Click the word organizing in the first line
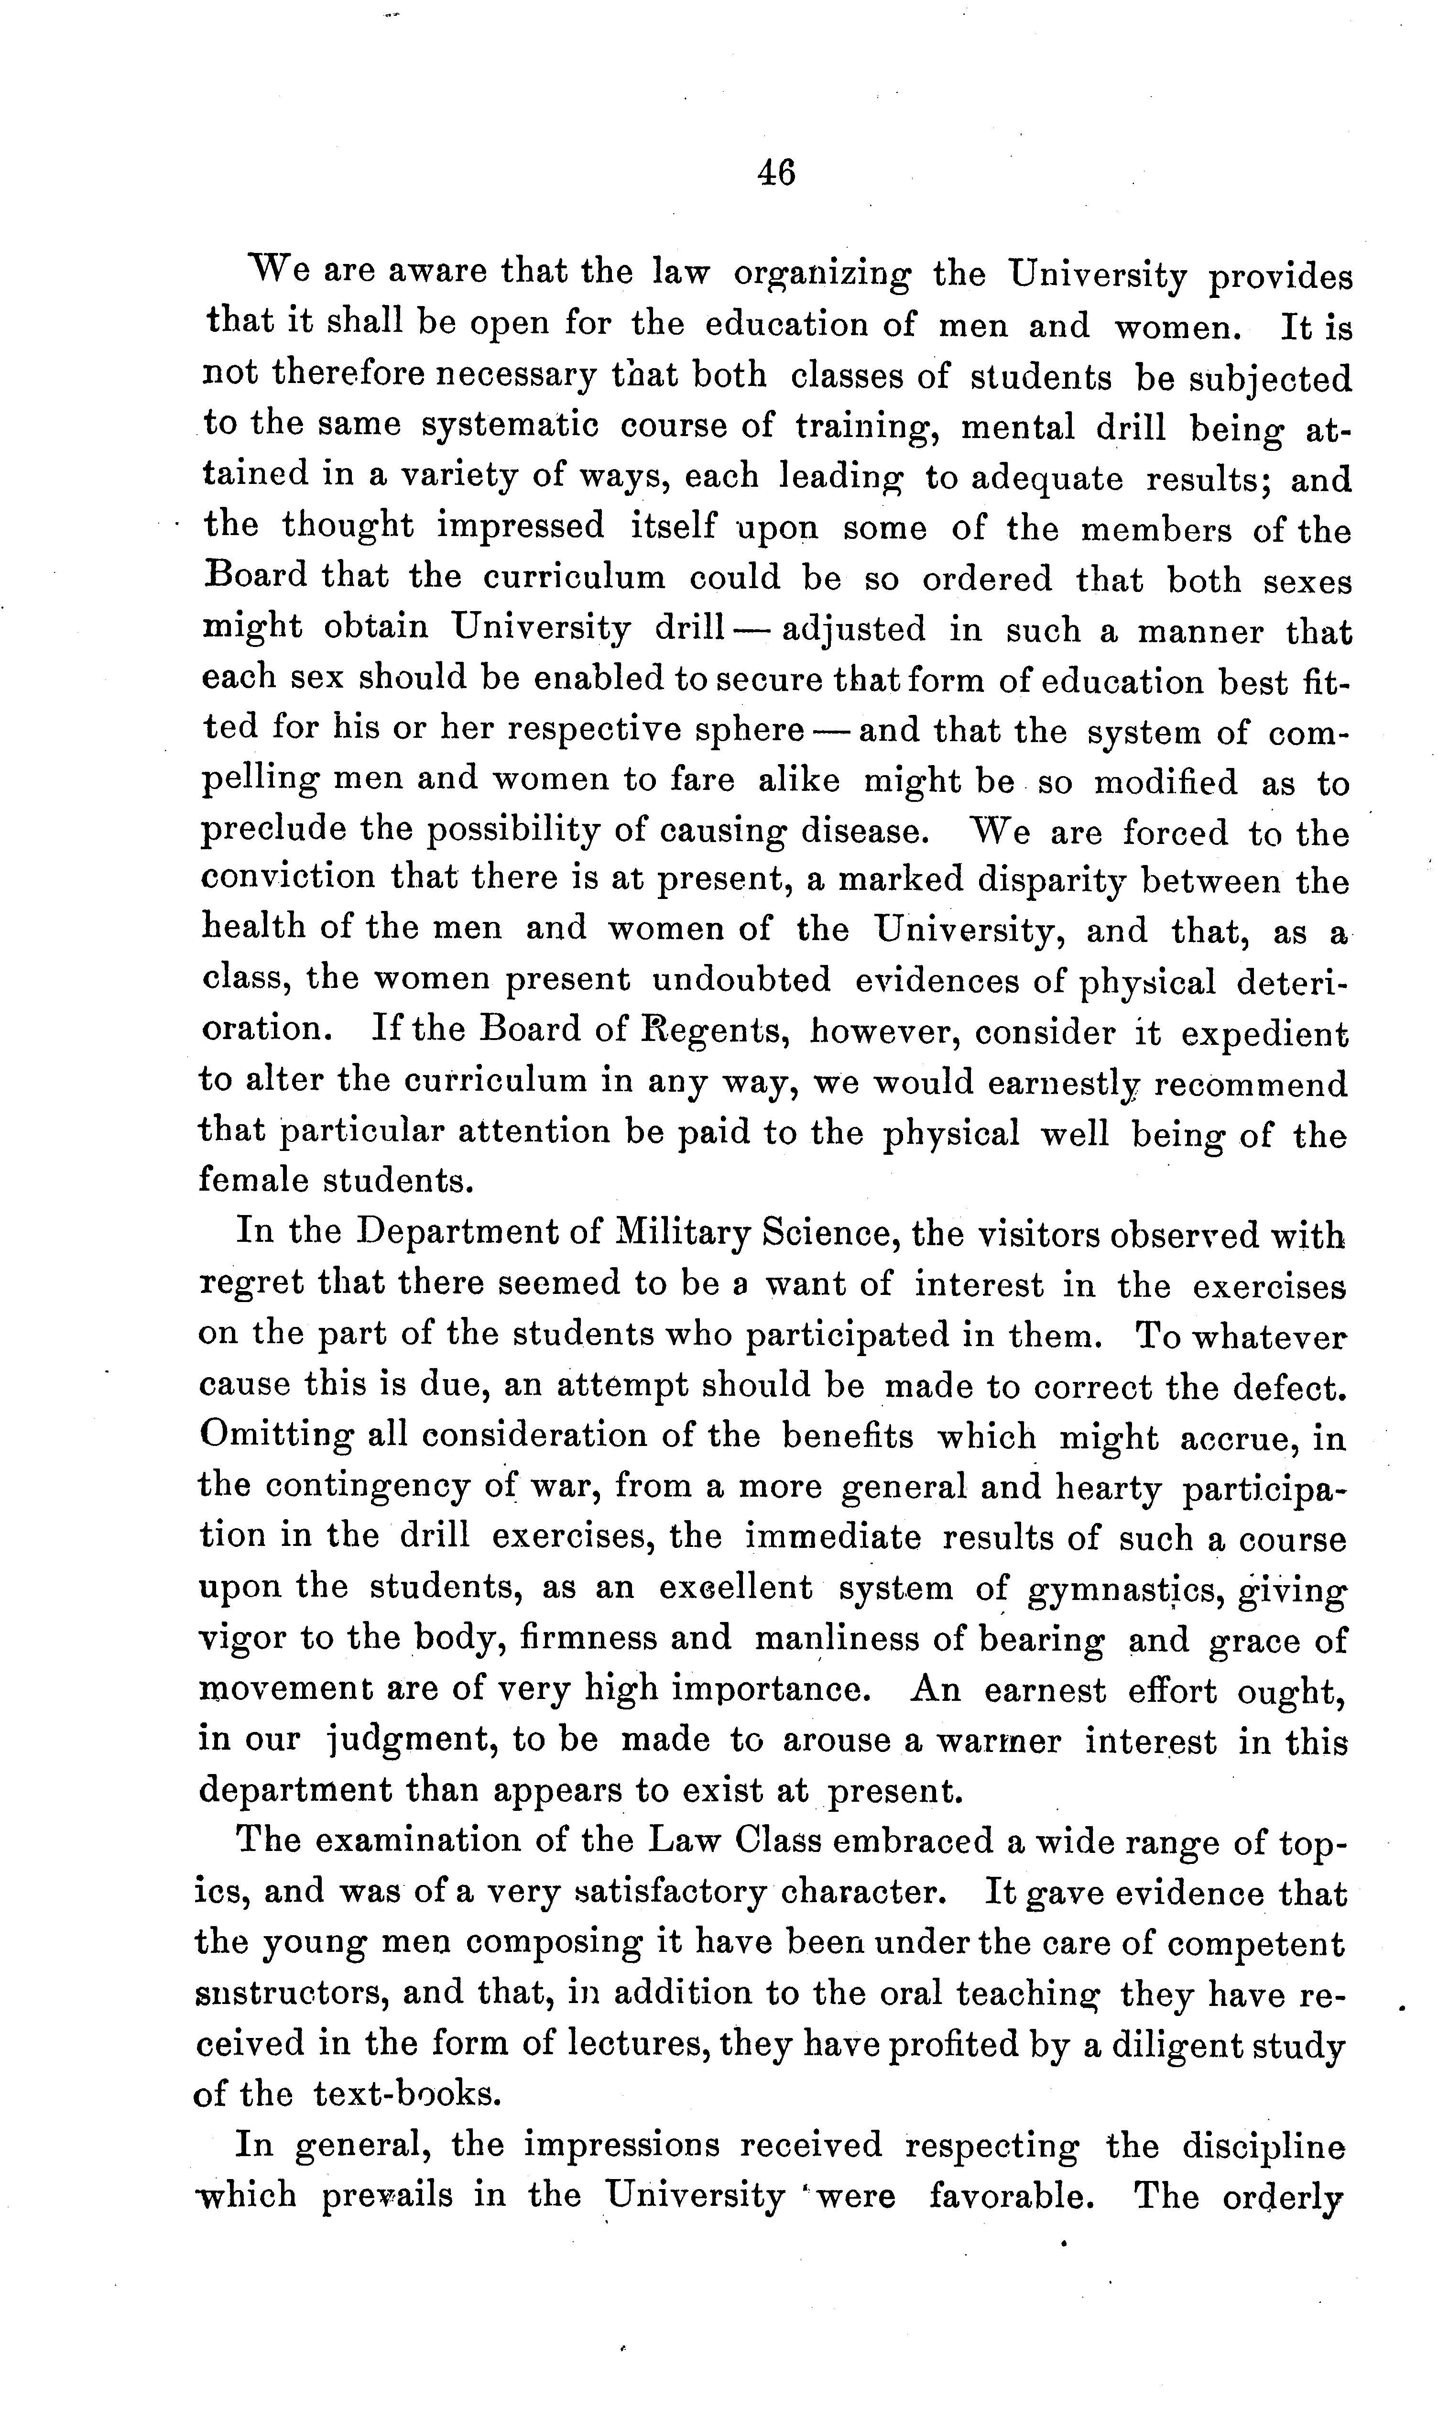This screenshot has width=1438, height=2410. (822, 275)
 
